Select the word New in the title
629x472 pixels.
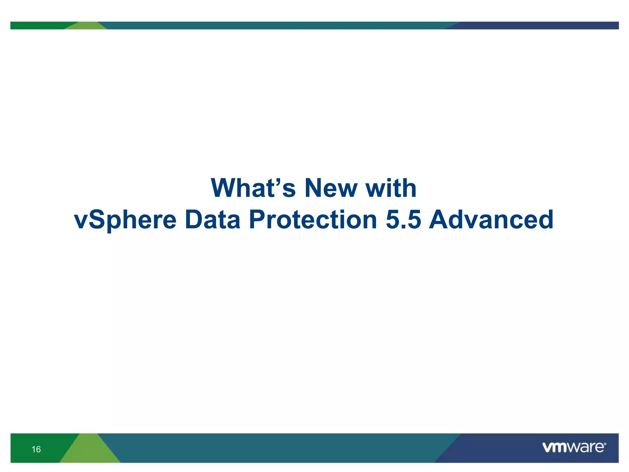(x=331, y=188)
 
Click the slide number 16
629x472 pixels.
(x=36, y=449)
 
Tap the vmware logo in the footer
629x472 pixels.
(x=573, y=447)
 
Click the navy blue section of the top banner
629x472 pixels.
(x=537, y=25)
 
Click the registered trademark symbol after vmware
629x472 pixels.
(x=605, y=444)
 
